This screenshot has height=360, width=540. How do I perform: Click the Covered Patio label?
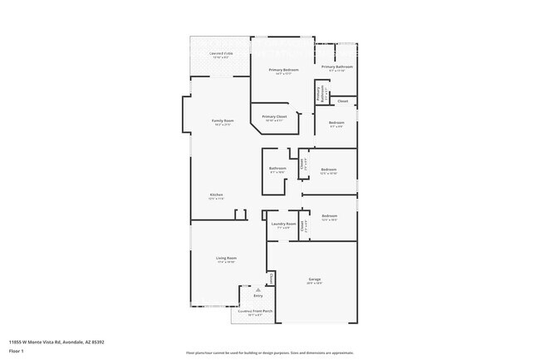(222, 53)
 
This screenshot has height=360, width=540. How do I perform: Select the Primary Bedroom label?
(283, 70)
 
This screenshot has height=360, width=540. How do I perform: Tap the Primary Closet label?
(274, 116)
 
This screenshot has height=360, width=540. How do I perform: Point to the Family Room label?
(223, 121)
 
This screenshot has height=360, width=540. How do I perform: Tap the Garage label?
(315, 279)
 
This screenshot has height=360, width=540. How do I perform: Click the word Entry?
(258, 295)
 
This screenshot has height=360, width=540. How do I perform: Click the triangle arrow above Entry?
(258, 289)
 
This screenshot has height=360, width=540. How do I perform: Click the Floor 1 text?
(17, 350)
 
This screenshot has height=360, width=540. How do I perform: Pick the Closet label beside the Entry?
(269, 279)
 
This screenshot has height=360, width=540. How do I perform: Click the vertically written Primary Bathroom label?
(319, 94)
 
